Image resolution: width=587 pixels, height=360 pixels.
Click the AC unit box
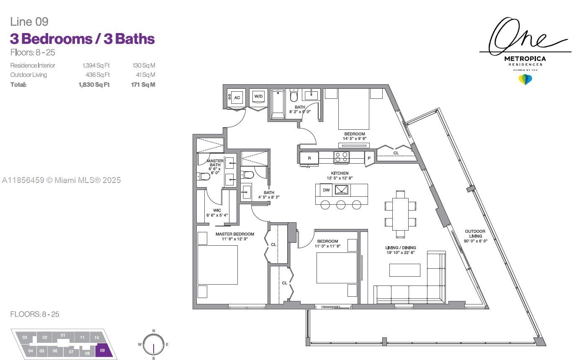(x=237, y=98)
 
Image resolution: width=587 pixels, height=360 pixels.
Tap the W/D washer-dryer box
(x=258, y=96)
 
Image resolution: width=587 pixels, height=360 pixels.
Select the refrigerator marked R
(x=309, y=158)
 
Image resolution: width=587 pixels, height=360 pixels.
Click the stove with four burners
(x=342, y=157)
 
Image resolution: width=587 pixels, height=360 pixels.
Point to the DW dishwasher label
(x=326, y=190)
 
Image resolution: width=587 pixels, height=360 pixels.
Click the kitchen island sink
(x=342, y=190)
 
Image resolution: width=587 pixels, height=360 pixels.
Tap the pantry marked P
(x=369, y=158)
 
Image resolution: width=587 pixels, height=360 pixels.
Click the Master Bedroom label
(x=235, y=234)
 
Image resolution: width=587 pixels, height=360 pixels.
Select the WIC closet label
(x=217, y=211)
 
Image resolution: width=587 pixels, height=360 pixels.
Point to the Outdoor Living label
(x=475, y=234)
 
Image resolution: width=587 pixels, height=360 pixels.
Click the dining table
(x=400, y=214)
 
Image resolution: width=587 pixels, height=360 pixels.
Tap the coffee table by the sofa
(x=404, y=270)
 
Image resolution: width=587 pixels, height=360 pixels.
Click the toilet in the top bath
(x=294, y=95)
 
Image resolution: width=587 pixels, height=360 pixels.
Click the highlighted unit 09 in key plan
(x=104, y=350)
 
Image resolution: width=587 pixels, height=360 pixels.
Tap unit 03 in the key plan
(x=25, y=337)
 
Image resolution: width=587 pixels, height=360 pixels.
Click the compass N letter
(x=154, y=331)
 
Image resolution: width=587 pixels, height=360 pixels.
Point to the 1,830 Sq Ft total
(x=94, y=85)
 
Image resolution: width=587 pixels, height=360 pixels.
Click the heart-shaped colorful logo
(x=525, y=80)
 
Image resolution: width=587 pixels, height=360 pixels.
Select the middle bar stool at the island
(x=341, y=205)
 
